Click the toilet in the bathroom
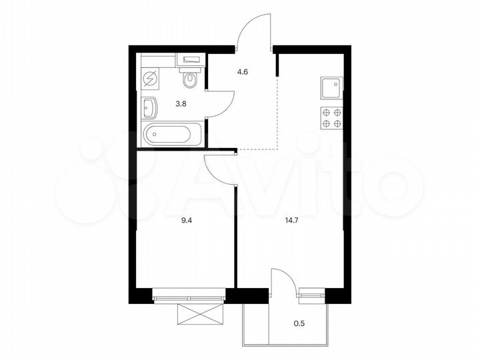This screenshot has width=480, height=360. coord(191,79)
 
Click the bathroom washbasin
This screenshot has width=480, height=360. coord(149,107)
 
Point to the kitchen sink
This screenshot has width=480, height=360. coord(331,87)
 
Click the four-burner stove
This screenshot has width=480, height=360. coord(331,117)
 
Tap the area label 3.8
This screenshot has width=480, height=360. coord(181,103)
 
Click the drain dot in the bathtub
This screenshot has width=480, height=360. coord(154,135)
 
